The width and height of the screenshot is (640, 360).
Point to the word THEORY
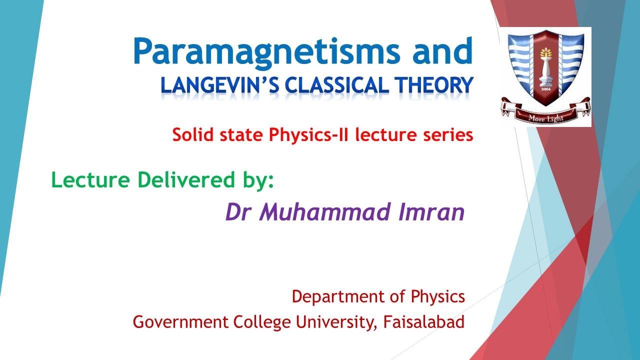pyautogui.click(x=431, y=85)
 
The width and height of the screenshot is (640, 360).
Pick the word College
pyautogui.click(x=262, y=322)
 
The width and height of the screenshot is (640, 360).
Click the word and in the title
pyautogui.click(x=447, y=51)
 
